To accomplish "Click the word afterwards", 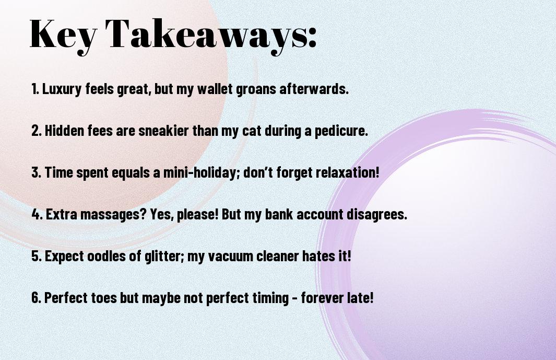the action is coord(314,89).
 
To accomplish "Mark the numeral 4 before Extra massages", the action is coord(36,214).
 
